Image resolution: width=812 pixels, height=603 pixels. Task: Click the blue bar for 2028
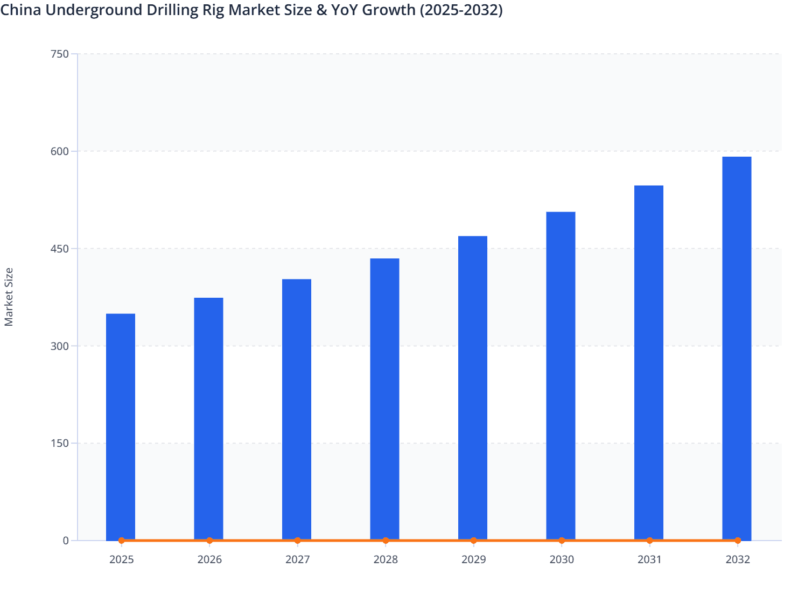click(384, 399)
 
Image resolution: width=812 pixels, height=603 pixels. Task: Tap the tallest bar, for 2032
click(737, 348)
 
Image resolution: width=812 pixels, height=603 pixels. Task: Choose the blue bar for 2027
click(297, 409)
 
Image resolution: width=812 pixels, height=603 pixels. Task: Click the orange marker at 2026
click(209, 541)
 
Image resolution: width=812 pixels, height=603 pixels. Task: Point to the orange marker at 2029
click(473, 541)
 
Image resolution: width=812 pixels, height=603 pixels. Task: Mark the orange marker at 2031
click(649, 541)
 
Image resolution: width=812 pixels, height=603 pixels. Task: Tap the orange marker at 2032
click(738, 541)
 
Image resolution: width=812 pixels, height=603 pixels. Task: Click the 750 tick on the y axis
click(59, 54)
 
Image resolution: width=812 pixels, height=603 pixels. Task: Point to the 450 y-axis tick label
click(59, 249)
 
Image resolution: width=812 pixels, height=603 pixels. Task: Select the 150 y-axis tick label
click(59, 443)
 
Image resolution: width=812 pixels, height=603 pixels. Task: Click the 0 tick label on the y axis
click(66, 541)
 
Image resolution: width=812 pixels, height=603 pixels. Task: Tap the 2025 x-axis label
click(121, 559)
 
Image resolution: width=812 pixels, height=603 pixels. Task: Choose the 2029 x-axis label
click(473, 559)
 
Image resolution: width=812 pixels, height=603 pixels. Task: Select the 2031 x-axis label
click(649, 559)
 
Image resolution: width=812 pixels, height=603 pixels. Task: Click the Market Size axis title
click(9, 297)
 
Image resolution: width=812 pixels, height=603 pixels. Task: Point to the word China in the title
click(20, 10)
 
